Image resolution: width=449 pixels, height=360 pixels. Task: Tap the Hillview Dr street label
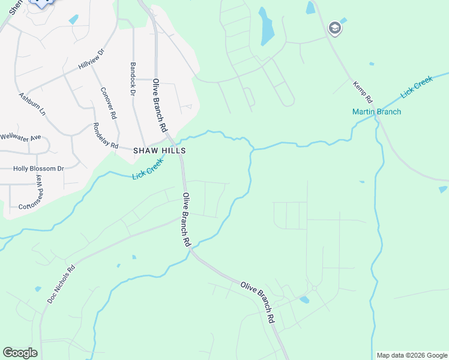91,59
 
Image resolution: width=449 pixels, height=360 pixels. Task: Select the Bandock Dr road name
133,78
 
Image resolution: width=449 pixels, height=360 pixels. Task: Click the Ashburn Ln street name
32,103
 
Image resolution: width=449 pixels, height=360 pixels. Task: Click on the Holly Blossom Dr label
38,169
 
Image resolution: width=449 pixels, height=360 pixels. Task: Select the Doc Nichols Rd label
61,283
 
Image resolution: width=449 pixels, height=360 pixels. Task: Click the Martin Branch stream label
376,112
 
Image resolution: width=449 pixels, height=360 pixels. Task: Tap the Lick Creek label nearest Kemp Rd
417,86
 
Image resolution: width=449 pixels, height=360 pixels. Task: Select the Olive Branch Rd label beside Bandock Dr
159,105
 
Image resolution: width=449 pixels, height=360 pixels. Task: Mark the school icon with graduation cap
334,28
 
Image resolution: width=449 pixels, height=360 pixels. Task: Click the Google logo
20,353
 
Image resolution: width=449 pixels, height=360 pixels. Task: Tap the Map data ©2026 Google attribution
411,355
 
